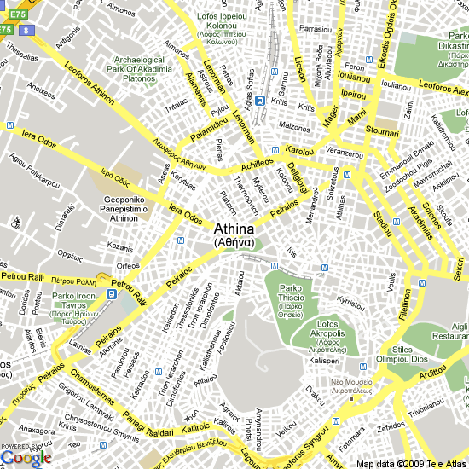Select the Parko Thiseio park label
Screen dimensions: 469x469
[291, 301]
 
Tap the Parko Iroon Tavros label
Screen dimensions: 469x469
[74, 308]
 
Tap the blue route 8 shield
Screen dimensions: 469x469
[27, 29]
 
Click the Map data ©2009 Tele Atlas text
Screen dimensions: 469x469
[411, 463]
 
